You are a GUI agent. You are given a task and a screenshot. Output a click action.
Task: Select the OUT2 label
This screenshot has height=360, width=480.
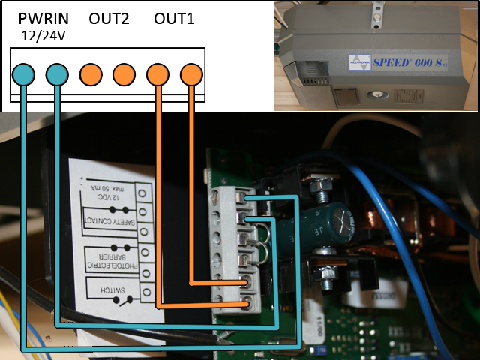(109, 18)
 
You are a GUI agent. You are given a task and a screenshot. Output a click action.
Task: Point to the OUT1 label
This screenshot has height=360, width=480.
(174, 18)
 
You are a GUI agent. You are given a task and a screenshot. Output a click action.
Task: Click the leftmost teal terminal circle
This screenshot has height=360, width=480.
(23, 73)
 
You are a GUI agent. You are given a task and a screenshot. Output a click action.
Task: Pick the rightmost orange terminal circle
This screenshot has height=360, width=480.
(191, 73)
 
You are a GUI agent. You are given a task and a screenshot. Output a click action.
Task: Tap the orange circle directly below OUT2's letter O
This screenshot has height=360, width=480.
(91, 73)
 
